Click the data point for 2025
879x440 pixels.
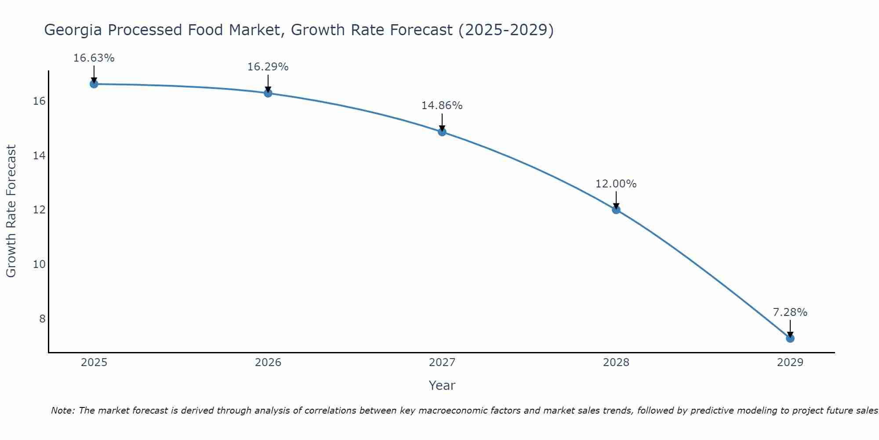tap(94, 84)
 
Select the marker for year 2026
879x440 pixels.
tap(268, 93)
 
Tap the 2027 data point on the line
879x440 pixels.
tap(442, 132)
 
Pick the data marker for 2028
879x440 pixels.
tap(616, 210)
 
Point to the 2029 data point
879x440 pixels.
tap(790, 338)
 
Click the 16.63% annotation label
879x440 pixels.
tap(94, 58)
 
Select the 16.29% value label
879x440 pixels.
tap(268, 67)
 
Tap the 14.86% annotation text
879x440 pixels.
tap(442, 106)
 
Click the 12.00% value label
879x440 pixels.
tap(616, 184)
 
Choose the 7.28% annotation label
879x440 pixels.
tap(790, 312)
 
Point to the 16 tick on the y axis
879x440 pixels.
tap(39, 101)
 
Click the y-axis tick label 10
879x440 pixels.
tap(39, 264)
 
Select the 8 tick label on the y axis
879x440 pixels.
tap(42, 319)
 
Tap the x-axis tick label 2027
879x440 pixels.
tap(442, 363)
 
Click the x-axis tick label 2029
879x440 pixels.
tap(790, 363)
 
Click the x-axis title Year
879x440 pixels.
tap(442, 385)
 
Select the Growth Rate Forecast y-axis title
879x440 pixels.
tap(11, 211)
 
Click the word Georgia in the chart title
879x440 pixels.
tap(73, 30)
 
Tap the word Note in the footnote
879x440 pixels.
tap(62, 411)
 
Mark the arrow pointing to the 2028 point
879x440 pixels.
tap(616, 200)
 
